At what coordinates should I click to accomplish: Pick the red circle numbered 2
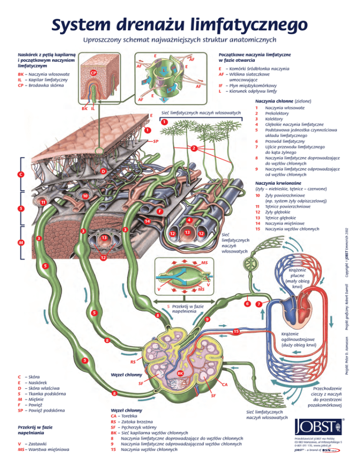(x=193, y=149)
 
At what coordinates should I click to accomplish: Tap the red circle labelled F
(x=160, y=211)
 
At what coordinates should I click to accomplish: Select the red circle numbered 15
(x=237, y=332)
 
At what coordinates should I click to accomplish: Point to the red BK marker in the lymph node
(x=180, y=373)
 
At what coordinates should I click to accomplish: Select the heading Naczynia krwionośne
(x=278, y=182)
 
